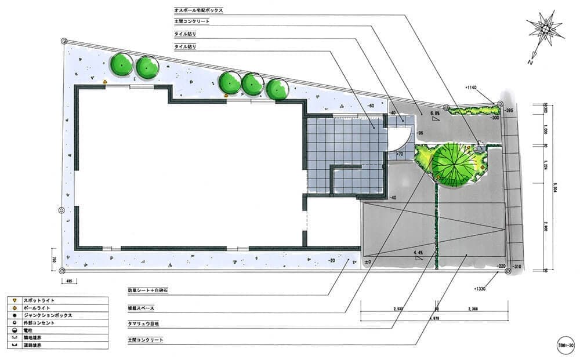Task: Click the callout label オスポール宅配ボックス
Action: coord(198,10)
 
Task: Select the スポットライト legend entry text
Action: coord(38,300)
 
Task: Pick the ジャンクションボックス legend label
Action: coord(48,315)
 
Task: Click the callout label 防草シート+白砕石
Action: coord(148,289)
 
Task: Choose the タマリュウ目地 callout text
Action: coord(144,322)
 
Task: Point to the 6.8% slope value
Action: coord(434,114)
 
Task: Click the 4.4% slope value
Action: coord(418,254)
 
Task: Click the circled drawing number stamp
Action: coord(565,344)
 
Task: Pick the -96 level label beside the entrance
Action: coord(420,133)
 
